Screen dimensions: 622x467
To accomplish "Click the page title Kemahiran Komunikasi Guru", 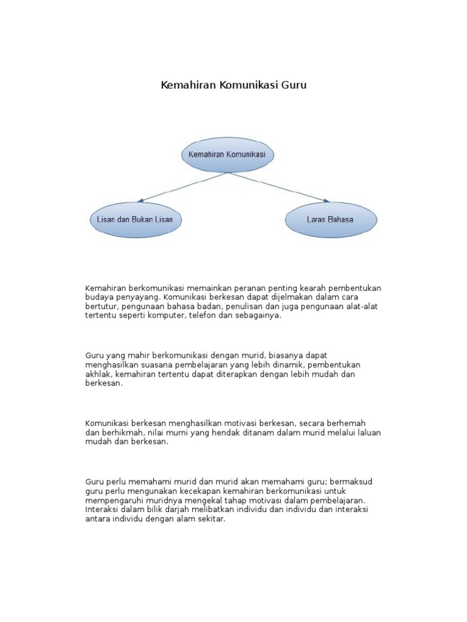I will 233,85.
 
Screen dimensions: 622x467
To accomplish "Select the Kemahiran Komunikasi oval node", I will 227,155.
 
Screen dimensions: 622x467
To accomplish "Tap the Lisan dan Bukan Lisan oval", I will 136,219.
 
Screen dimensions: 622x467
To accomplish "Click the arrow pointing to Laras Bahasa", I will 280,187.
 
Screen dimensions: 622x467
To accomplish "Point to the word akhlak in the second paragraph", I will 98,374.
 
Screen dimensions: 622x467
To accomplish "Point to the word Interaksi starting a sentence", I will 103,510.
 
